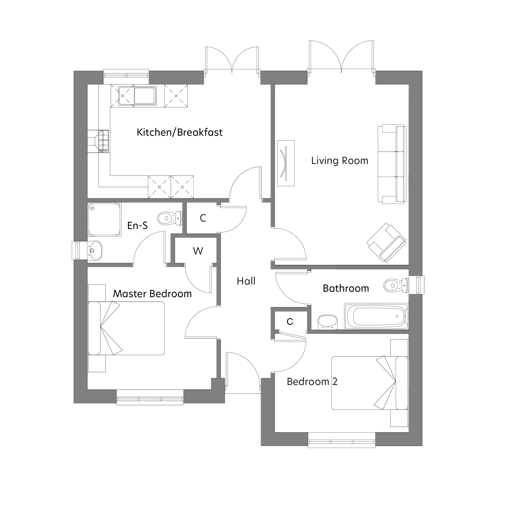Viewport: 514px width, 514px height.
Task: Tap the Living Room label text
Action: click(340, 161)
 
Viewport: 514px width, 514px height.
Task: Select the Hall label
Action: click(246, 281)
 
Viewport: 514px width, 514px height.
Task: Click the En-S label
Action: click(137, 226)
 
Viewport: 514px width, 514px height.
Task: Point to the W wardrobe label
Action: click(198, 251)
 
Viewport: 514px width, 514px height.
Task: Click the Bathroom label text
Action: click(346, 288)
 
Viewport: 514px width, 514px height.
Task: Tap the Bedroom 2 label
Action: click(312, 382)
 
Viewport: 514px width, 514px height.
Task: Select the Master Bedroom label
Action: click(152, 294)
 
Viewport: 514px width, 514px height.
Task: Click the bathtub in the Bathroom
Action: click(376, 316)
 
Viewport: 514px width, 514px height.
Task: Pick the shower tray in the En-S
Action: click(104, 219)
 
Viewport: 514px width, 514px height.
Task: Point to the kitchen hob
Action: click(104, 141)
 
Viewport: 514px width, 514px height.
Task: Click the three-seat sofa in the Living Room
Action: click(392, 164)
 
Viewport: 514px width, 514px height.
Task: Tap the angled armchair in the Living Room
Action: click(386, 242)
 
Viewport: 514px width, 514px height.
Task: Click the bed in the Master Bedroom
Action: click(126, 328)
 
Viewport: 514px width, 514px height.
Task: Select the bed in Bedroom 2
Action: click(370, 383)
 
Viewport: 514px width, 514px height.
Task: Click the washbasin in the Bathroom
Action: click(327, 322)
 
